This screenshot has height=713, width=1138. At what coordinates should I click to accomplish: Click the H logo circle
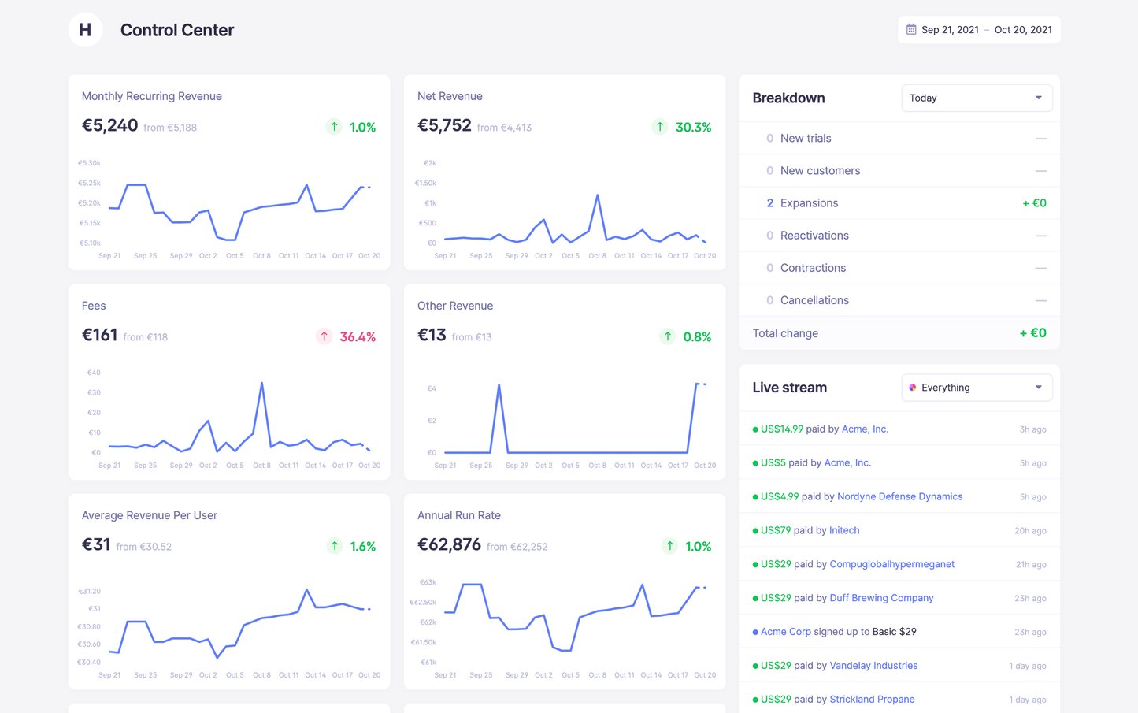(85, 30)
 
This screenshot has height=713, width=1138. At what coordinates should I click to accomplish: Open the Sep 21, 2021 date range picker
(979, 30)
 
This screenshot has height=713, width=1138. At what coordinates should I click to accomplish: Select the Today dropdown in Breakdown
(976, 98)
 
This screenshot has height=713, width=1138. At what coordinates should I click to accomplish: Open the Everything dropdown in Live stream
(976, 388)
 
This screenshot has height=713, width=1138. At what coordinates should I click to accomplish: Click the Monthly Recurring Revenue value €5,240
(110, 126)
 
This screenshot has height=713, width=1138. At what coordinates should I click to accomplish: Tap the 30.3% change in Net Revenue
(692, 127)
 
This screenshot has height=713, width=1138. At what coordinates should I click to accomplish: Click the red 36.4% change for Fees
(357, 336)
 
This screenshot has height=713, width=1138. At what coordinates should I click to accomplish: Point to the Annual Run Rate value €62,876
(449, 545)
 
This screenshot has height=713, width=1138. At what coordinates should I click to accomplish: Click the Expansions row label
(809, 203)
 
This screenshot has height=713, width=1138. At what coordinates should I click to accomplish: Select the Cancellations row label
(814, 300)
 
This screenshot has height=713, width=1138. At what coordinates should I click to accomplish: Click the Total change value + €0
(1032, 333)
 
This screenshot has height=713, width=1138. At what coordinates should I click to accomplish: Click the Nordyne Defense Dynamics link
(899, 497)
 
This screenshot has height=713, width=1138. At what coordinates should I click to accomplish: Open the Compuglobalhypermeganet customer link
(891, 564)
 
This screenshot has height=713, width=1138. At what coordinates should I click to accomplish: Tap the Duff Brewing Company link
(881, 598)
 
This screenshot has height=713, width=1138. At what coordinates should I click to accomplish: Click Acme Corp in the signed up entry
(785, 632)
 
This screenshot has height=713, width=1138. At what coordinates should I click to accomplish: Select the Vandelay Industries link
(873, 666)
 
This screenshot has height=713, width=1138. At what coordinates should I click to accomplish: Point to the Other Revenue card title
(455, 306)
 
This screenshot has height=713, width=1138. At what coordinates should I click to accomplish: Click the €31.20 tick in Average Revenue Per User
(89, 591)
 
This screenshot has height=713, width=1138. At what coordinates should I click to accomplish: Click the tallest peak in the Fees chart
(261, 384)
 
